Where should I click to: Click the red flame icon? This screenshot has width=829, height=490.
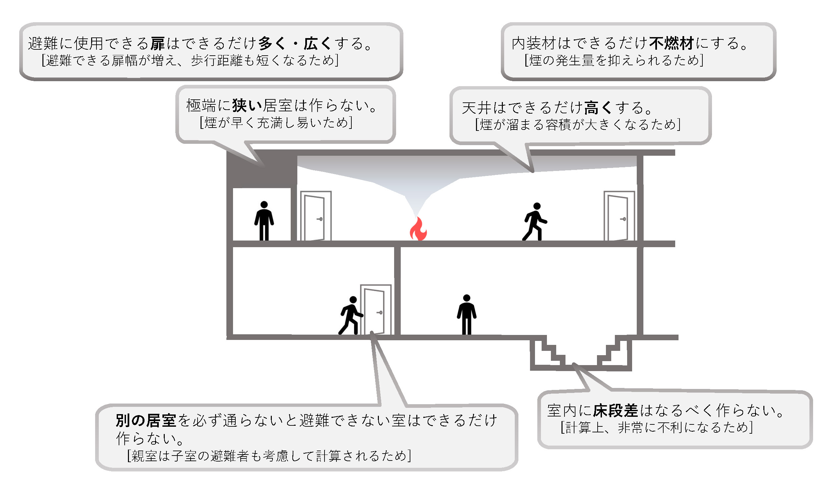[418, 229]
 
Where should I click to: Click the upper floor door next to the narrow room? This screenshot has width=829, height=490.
[316, 216]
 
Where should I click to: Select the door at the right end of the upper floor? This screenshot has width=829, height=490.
[619, 216]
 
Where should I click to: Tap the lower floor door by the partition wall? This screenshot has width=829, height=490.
[375, 309]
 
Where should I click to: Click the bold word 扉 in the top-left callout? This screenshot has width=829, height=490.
[157, 43]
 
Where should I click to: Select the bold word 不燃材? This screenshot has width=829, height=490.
[672, 43]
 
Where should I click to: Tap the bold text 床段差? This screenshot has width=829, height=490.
[616, 411]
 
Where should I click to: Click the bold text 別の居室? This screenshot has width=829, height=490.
[146, 420]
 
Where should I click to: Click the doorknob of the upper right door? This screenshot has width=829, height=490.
[623, 219]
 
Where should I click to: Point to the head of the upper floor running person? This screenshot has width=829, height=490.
[537, 206]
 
